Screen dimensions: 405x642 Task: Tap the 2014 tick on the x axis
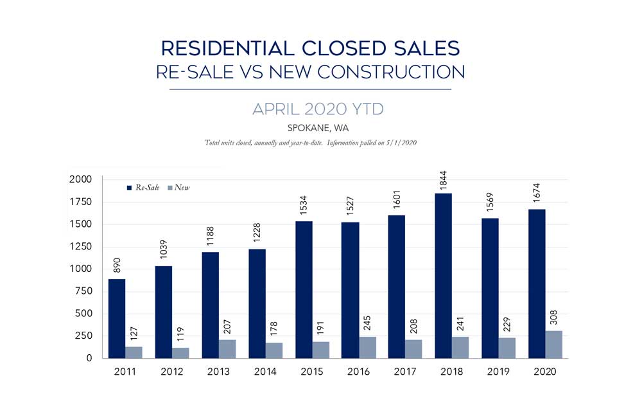(265, 372)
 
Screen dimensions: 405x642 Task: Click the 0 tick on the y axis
(89, 358)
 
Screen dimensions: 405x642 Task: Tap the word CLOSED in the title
(329, 48)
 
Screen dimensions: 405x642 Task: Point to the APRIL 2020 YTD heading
(318, 109)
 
